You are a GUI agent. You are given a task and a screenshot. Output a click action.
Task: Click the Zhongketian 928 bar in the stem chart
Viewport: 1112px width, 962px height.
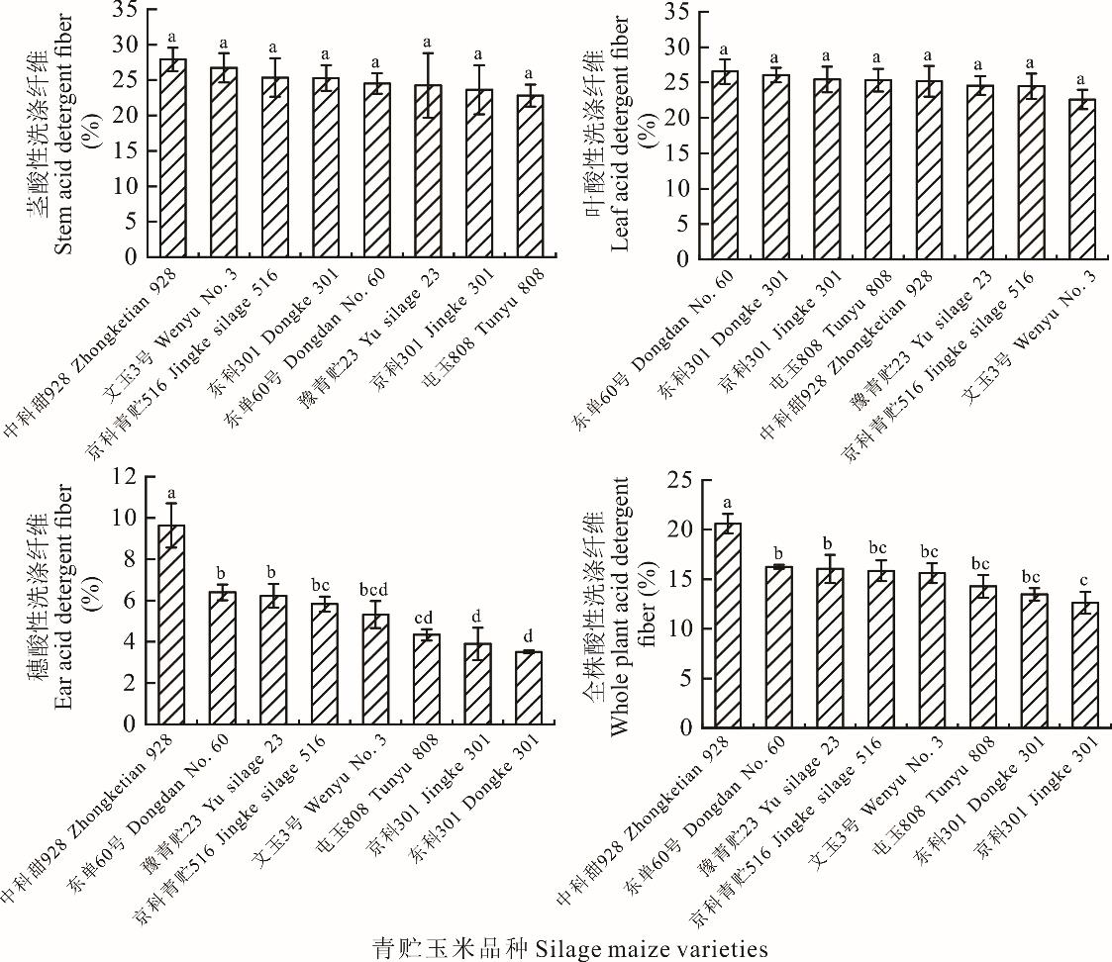pos(173,158)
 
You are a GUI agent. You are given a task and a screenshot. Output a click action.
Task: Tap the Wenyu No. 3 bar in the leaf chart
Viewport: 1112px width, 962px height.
pos(1081,178)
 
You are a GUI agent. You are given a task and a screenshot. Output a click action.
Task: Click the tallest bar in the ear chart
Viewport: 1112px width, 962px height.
pos(172,625)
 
